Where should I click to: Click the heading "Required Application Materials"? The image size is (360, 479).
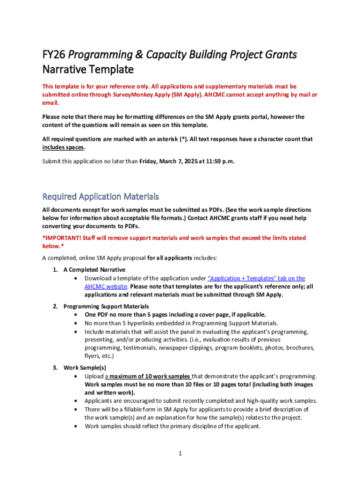coord(101,196)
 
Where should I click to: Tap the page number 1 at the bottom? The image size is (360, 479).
coord(180,453)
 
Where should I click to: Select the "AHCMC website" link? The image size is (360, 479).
coord(106,286)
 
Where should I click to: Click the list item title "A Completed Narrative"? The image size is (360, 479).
coord(94,270)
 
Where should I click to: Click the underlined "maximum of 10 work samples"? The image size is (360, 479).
coord(150,376)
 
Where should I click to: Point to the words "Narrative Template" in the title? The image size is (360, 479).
coord(88,70)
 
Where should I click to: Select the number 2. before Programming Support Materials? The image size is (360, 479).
coord(55,306)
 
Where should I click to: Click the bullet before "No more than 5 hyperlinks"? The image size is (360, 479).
coord(76,323)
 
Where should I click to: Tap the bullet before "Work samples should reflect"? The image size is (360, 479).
coord(76,426)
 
